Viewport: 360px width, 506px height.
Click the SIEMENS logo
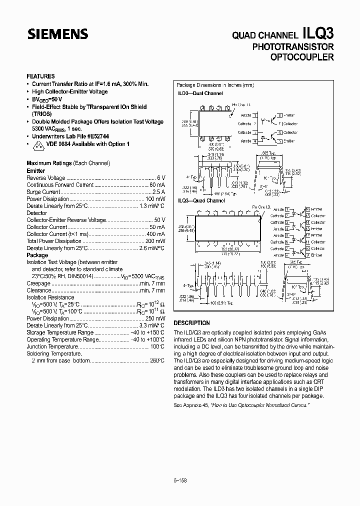tap(57, 34)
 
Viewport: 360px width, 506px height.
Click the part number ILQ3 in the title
tap(318, 33)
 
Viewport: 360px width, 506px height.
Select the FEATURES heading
tap(40, 76)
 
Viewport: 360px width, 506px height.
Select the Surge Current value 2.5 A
tap(158, 192)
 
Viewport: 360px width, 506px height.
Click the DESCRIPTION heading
tap(191, 323)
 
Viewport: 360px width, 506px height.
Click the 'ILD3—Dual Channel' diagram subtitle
tap(200, 93)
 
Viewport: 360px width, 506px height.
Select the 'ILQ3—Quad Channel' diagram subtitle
tap(201, 200)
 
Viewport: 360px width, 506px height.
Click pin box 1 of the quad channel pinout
tap(287, 209)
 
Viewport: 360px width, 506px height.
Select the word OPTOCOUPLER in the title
tap(301, 57)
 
